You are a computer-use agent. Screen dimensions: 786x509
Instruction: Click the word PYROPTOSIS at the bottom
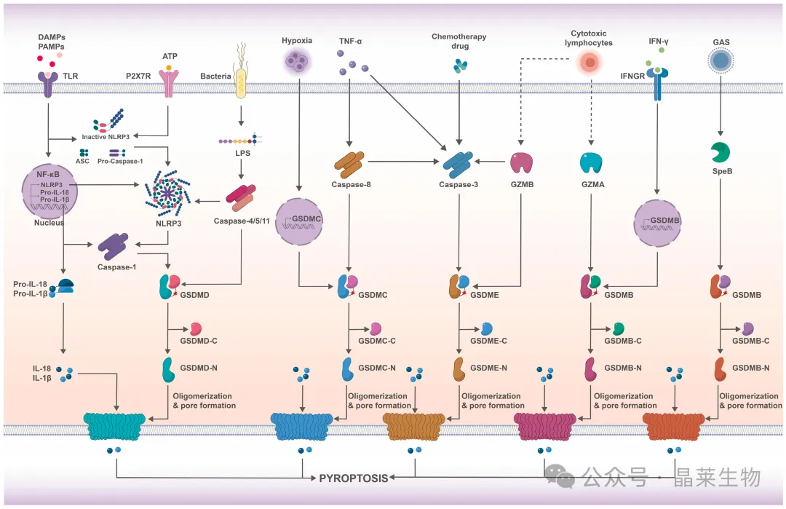354,478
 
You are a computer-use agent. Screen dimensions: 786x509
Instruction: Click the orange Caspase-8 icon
349,165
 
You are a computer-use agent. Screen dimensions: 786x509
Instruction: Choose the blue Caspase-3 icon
458,165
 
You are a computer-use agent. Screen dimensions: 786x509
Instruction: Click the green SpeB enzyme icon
720,152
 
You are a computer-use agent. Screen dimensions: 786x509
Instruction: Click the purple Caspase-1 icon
114,246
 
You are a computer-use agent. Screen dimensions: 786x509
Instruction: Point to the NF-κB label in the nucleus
48,175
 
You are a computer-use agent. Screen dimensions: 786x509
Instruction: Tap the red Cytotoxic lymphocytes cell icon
590,63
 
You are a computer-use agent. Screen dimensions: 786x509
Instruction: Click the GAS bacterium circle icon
720,61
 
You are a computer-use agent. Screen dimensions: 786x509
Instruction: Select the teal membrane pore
114,427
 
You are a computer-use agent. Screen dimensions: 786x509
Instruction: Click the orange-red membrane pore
674,427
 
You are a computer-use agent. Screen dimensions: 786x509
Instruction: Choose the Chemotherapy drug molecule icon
460,66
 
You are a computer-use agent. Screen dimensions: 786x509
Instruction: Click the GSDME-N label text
489,368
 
